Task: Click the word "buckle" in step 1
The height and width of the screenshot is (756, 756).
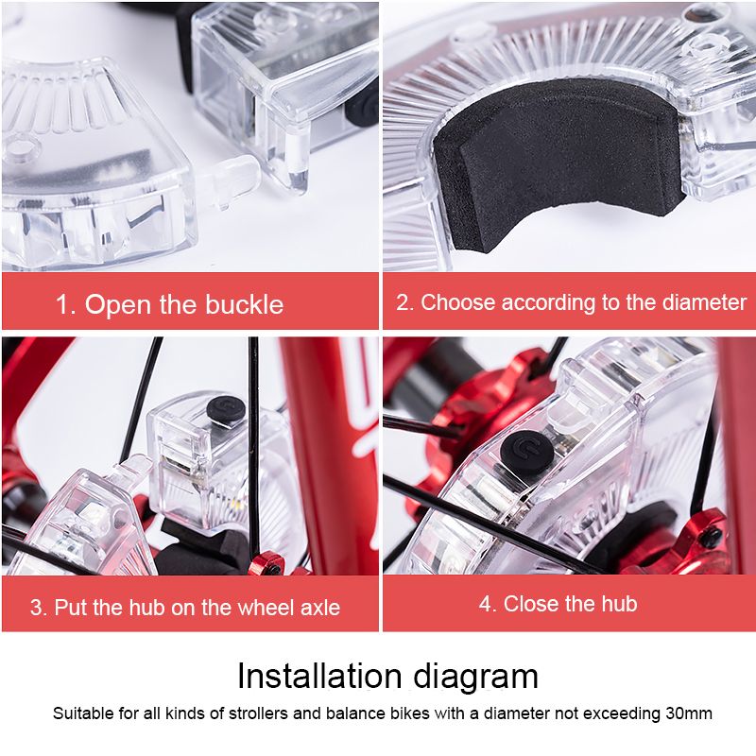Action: (x=245, y=304)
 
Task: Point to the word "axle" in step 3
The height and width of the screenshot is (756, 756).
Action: (x=319, y=608)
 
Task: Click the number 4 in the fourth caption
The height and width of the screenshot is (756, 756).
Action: (x=485, y=604)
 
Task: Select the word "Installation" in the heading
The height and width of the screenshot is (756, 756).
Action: (x=319, y=676)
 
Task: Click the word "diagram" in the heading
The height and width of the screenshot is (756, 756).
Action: (x=475, y=679)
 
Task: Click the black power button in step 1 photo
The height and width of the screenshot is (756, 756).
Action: (x=363, y=107)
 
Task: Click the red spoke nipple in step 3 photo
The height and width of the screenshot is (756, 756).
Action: (x=266, y=563)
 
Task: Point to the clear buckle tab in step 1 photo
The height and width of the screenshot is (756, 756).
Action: (x=227, y=182)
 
